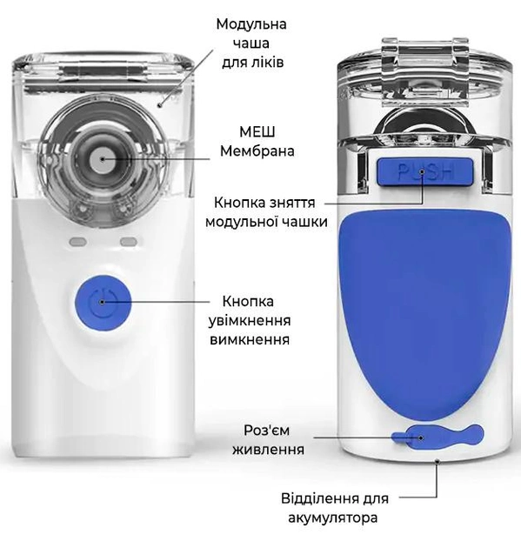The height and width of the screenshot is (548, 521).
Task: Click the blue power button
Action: pos(103,303)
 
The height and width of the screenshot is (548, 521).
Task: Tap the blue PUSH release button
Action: pos(424,171)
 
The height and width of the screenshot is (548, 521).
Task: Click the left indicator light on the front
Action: pos(78,242)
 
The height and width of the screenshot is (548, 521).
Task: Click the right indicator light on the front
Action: pos(128,242)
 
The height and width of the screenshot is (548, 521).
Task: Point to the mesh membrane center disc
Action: pos(102,160)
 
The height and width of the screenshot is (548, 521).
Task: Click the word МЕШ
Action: pos(257,132)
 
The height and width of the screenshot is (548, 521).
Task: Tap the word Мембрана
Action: pos(257,151)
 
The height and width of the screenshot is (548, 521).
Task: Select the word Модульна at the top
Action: pos(251,24)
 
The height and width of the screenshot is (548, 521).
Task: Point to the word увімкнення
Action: pos(250,321)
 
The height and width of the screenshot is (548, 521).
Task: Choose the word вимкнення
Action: pos(250,340)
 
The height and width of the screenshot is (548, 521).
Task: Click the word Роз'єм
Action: pos(267,431)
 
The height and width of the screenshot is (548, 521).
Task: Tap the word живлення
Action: pos(269,450)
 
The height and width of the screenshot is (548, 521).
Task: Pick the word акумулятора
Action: pos(333,518)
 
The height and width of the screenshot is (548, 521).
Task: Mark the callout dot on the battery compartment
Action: pos(437,461)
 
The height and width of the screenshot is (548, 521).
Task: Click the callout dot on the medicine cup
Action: pos(160,104)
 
